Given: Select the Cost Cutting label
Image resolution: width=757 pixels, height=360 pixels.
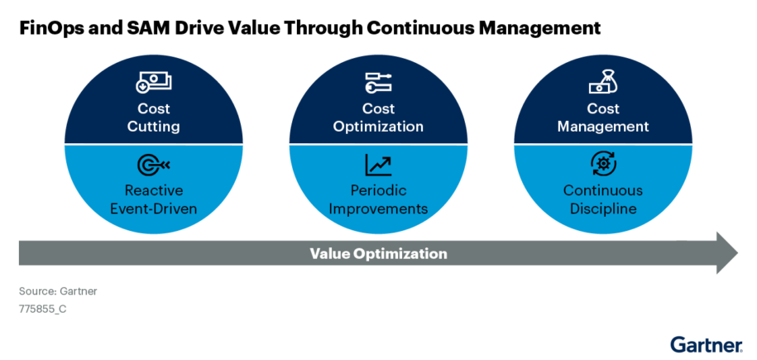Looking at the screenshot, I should tap(153, 118).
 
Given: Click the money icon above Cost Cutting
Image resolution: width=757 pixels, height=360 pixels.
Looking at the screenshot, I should tap(153, 83).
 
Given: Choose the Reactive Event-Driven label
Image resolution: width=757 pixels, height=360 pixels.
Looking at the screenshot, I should tap(153, 199).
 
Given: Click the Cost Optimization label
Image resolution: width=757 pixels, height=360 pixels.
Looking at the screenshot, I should tap(378, 118).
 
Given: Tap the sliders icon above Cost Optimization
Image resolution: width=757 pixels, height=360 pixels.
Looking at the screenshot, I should tap(378, 83).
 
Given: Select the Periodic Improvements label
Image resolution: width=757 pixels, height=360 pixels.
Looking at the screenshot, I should tap(378, 199).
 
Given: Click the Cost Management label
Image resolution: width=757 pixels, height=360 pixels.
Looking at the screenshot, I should tap(603, 118).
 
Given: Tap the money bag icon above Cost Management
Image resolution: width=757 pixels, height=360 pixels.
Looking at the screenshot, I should tap(603, 83).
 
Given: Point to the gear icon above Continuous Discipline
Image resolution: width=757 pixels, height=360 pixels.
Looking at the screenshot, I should tap(603, 164).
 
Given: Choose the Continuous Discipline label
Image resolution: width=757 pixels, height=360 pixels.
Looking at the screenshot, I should tap(603, 199).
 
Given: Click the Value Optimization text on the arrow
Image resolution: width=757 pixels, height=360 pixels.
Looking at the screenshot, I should tap(378, 253).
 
